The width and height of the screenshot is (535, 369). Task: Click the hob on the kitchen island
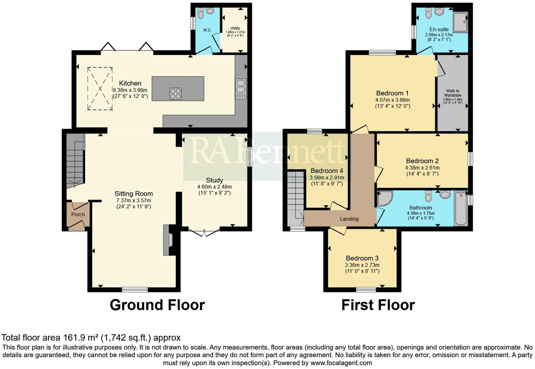coord(176,93)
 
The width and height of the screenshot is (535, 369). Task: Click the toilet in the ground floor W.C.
coord(201,14)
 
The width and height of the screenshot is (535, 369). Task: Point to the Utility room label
coord(235,28)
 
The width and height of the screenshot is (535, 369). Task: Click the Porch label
coord(78,214)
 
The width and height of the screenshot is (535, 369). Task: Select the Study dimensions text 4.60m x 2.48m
coord(214,187)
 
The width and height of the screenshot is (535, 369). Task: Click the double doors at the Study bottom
coord(204,232)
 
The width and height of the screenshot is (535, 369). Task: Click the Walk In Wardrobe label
coord(453,93)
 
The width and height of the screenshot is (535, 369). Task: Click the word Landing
coord(349,219)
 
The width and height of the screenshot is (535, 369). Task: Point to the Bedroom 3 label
coord(362,258)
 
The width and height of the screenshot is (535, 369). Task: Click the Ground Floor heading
coord(157,305)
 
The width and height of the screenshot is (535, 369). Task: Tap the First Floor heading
coord(378,305)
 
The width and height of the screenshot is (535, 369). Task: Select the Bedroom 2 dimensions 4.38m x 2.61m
coord(422,168)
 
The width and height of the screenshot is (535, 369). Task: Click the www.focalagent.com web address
coord(341,363)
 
